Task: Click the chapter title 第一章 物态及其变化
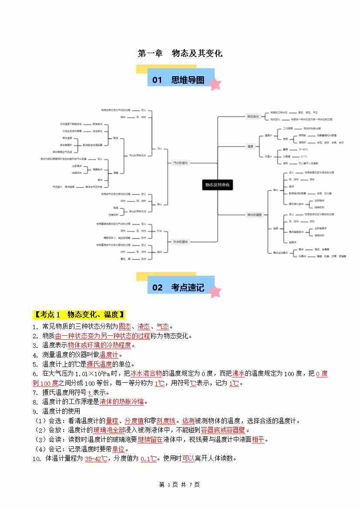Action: (x=180, y=53)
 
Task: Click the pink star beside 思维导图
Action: (x=215, y=84)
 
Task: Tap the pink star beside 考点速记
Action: (x=215, y=291)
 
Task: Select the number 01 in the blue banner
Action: (x=157, y=80)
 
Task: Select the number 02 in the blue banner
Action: (x=157, y=287)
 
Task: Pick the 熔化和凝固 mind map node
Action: (x=255, y=214)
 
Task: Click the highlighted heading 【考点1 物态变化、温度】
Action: (x=80, y=314)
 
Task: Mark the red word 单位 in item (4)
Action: (x=118, y=449)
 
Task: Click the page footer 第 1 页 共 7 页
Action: (x=180, y=485)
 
